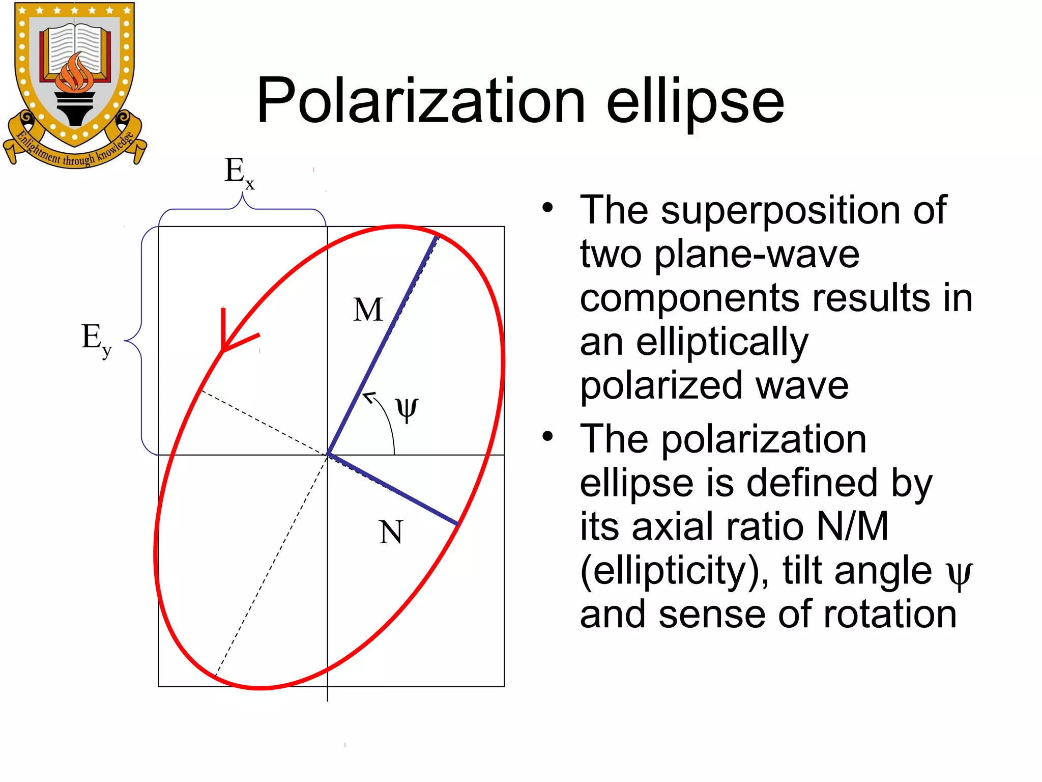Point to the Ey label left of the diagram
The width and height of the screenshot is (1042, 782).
pyautogui.click(x=96, y=339)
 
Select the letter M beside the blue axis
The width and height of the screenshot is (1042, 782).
pyautogui.click(x=368, y=310)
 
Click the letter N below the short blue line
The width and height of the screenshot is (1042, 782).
pyautogui.click(x=391, y=533)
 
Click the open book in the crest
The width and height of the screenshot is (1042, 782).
pyautogui.click(x=75, y=48)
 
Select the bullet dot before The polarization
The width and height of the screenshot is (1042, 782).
pyautogui.click(x=547, y=436)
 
